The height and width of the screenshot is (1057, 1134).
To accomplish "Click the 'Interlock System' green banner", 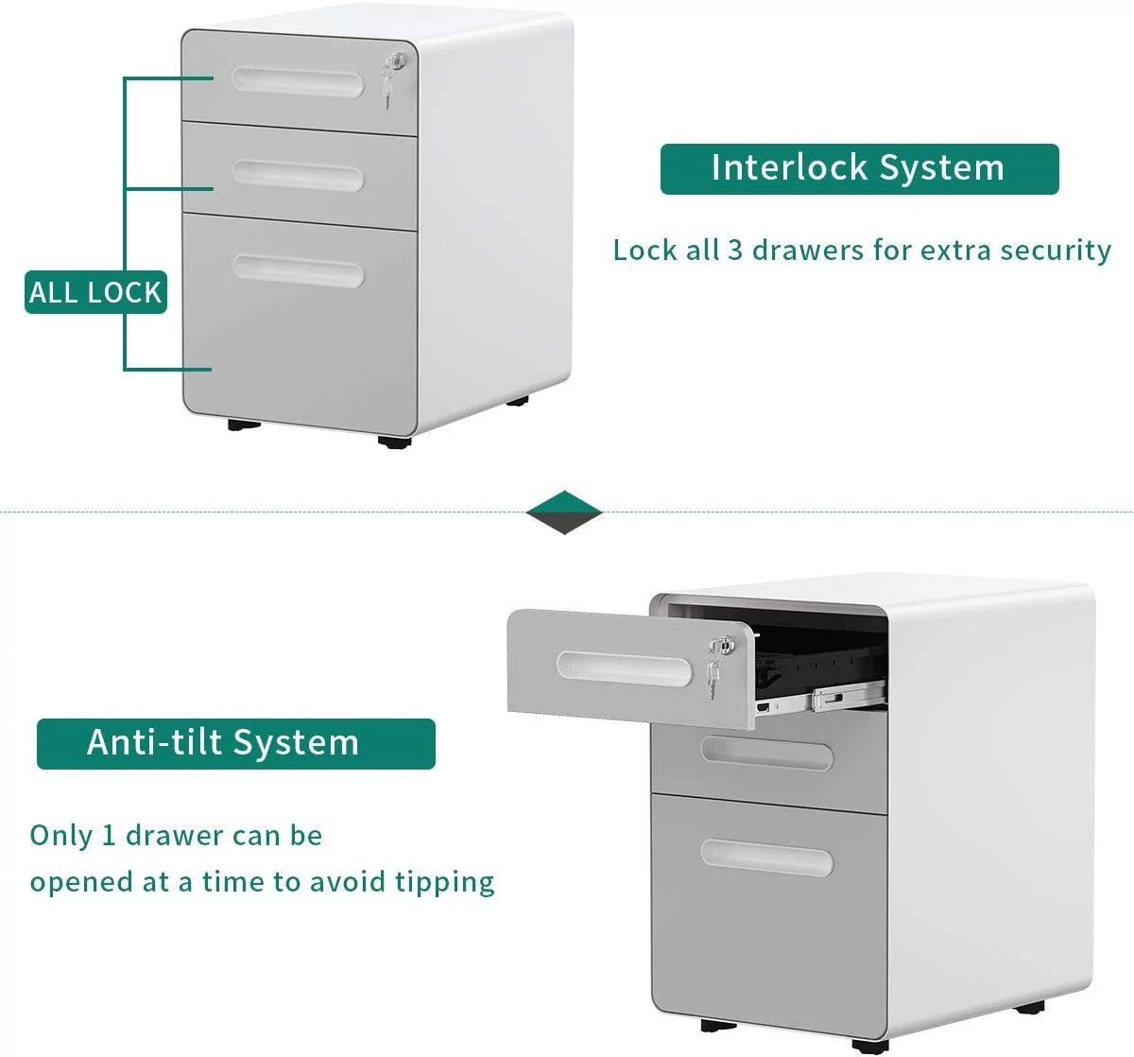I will pyautogui.click(x=859, y=169).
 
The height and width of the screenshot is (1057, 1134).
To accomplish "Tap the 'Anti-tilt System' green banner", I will pyautogui.click(x=235, y=743).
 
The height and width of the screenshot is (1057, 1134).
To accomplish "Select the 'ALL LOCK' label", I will pyautogui.click(x=95, y=292).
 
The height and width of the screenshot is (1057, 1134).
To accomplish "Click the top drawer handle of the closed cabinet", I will pyautogui.click(x=298, y=82).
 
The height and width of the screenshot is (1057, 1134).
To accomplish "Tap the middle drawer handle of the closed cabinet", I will pyautogui.click(x=298, y=176).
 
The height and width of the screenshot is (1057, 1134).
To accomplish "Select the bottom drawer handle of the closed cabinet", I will pyautogui.click(x=298, y=271).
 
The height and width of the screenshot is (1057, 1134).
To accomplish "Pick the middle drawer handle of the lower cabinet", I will pyautogui.click(x=766, y=754).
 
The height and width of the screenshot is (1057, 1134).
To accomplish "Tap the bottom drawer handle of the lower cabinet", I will pyautogui.click(x=766, y=858).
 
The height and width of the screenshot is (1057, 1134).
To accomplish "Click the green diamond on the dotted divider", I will pyautogui.click(x=563, y=512).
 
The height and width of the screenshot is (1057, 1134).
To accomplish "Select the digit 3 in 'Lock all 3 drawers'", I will pyautogui.click(x=735, y=251).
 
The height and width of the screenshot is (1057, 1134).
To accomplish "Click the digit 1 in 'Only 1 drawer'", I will pyautogui.click(x=109, y=836).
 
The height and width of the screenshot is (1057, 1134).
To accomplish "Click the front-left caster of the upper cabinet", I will pyautogui.click(x=244, y=425).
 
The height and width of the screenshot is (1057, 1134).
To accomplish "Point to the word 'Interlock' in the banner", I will pyautogui.click(x=789, y=168).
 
